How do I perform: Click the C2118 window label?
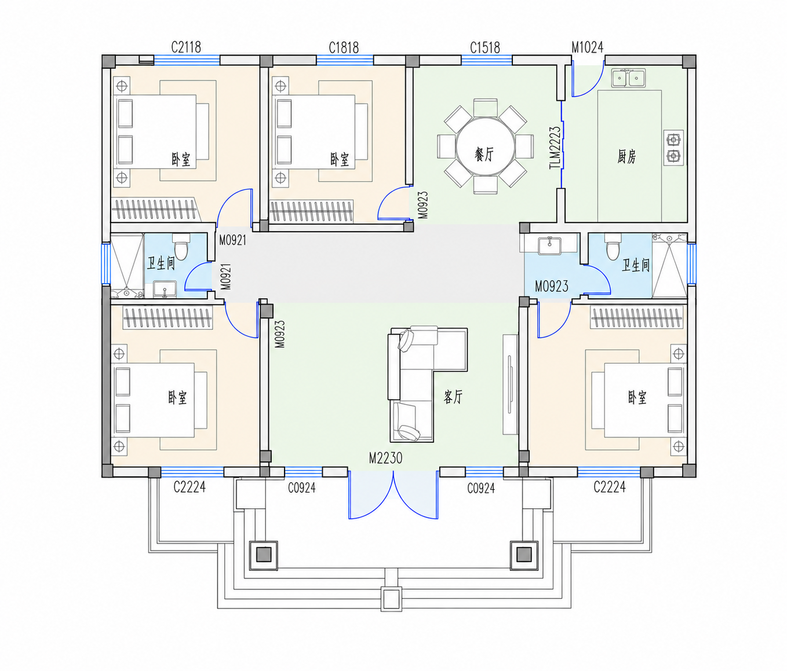(186, 47)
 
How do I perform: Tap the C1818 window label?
(344, 47)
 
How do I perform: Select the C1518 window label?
(484, 47)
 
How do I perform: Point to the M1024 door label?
(587, 47)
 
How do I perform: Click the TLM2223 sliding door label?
(555, 148)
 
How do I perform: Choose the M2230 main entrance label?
(385, 458)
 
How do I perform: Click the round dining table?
(485, 146)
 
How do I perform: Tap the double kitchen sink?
(628, 78)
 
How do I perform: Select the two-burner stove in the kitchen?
(673, 148)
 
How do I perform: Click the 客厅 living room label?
(453, 397)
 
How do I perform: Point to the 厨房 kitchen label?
(626, 156)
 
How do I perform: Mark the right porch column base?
(524, 555)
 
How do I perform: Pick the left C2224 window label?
(190, 486)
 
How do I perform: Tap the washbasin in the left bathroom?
(165, 289)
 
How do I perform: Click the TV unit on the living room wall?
(510, 384)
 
